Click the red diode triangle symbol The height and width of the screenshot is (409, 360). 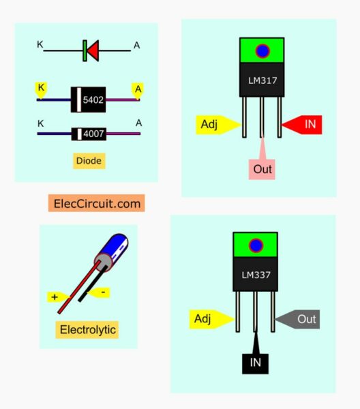[92, 49]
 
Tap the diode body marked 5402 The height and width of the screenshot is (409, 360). [89, 100]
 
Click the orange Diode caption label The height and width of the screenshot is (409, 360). [89, 161]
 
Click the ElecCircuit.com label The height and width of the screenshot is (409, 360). [96, 202]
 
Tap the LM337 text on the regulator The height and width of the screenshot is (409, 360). [256, 275]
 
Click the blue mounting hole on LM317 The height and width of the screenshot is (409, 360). [262, 52]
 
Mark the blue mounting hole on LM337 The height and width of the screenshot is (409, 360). [256, 245]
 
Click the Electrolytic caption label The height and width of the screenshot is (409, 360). [88, 330]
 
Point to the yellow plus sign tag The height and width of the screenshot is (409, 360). [55, 297]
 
